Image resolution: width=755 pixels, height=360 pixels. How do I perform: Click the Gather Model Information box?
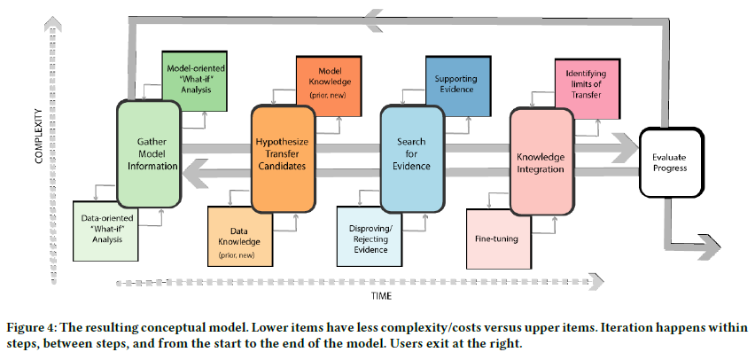click(x=149, y=154)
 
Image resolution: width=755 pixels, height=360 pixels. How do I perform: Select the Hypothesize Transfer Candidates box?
click(x=284, y=160)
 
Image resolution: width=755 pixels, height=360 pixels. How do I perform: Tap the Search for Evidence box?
click(x=412, y=160)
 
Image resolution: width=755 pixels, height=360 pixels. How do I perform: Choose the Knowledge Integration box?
click(x=541, y=161)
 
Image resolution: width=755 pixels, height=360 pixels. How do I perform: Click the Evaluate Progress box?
click(x=671, y=162)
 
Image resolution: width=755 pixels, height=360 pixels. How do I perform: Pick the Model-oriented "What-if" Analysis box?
click(x=195, y=81)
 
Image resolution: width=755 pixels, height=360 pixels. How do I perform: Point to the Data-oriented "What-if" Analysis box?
click(x=106, y=231)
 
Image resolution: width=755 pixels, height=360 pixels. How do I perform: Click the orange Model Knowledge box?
click(x=329, y=86)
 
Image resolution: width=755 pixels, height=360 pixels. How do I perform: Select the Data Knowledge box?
click(x=240, y=236)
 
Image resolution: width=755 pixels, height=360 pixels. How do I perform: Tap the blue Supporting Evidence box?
click(x=458, y=86)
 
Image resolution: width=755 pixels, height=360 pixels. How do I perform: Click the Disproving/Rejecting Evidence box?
click(x=370, y=236)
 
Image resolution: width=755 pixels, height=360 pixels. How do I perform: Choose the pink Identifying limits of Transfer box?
click(x=588, y=89)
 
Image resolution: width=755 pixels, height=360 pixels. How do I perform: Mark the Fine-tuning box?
click(x=499, y=239)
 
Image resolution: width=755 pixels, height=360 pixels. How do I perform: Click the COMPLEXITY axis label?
click(x=40, y=137)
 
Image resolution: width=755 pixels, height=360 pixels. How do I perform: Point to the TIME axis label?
click(x=381, y=296)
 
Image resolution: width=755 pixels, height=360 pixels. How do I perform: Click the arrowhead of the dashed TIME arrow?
click(x=596, y=282)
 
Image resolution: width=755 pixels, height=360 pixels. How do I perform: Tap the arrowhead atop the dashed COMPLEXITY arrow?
click(x=52, y=23)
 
